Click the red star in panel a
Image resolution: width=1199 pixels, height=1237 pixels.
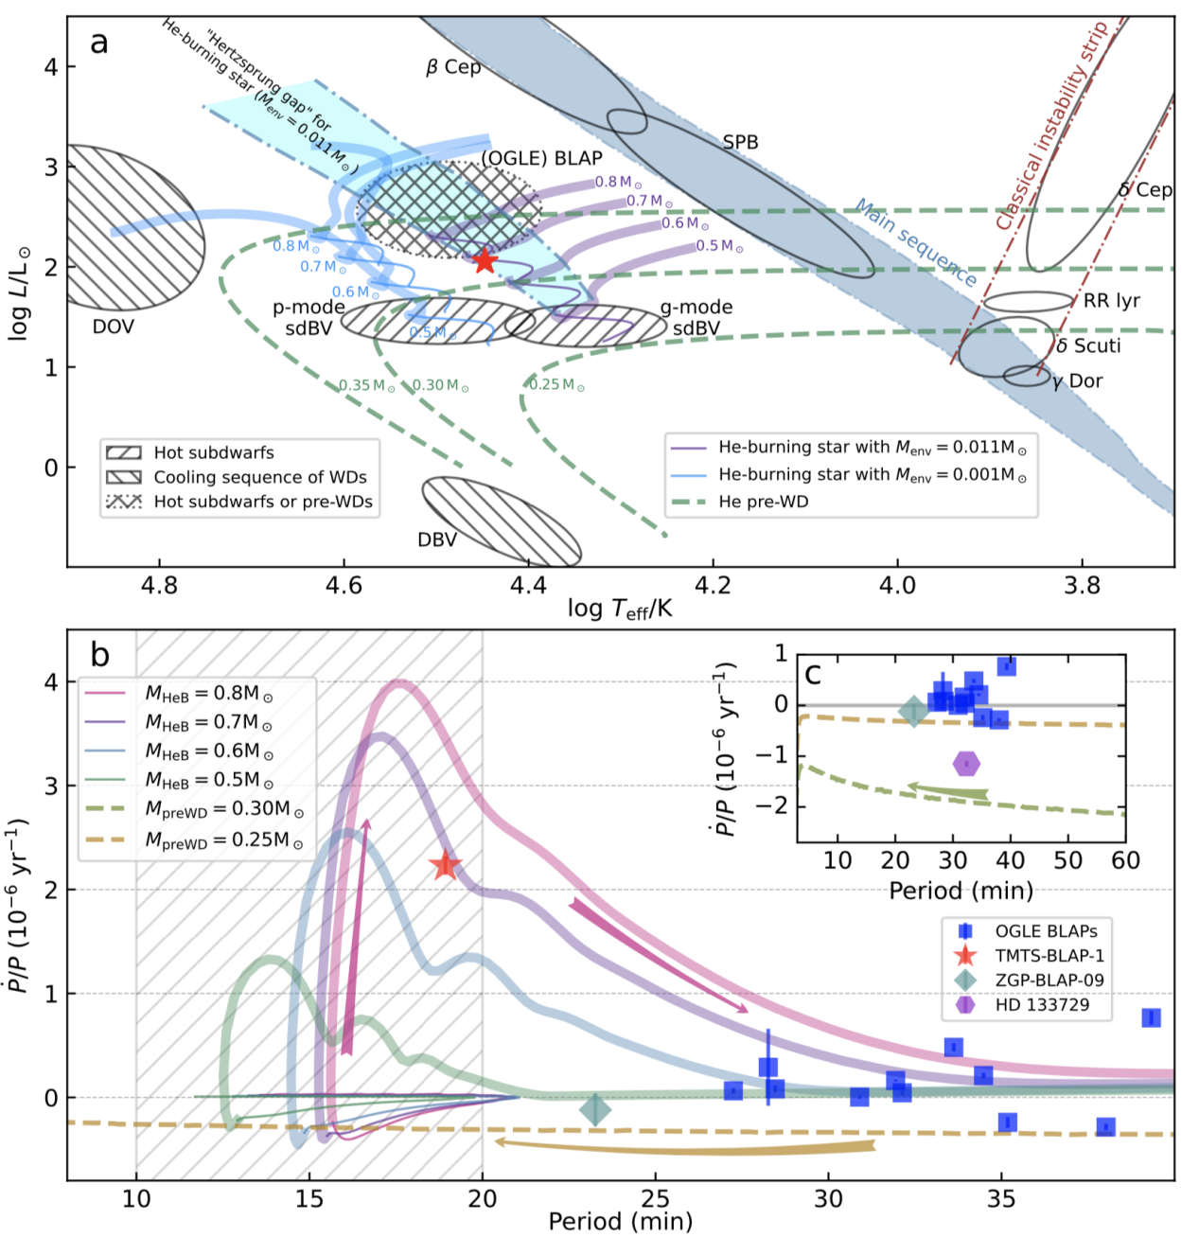485,260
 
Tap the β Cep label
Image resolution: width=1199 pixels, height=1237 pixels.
453,67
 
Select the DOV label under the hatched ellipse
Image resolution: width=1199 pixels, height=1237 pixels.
113,327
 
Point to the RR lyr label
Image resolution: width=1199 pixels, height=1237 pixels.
1112,301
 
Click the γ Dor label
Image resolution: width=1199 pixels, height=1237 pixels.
1078,380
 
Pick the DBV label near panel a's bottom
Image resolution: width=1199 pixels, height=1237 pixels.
437,539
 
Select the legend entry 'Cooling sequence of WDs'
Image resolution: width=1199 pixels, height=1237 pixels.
259,477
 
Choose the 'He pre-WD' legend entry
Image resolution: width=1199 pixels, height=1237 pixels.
763,502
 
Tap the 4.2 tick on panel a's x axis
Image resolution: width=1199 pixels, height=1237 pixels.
713,586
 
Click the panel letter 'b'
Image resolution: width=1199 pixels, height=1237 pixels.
100,655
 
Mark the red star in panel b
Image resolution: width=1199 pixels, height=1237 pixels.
445,864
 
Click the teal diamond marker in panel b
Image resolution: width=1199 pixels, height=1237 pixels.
594,1109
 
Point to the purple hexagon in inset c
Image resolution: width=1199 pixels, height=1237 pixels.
965,763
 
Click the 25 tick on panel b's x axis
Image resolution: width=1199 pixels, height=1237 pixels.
655,1198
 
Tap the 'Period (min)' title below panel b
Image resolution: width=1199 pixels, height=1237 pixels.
620,1222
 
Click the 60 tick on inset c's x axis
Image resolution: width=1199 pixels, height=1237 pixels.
1125,860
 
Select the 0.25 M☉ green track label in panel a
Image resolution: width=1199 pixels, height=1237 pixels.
556,385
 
